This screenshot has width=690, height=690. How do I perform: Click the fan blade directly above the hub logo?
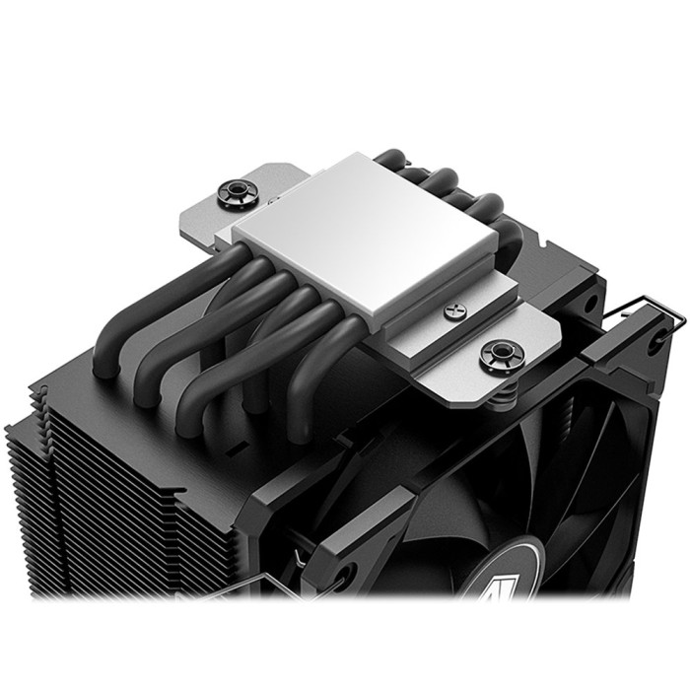pos(522,493)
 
